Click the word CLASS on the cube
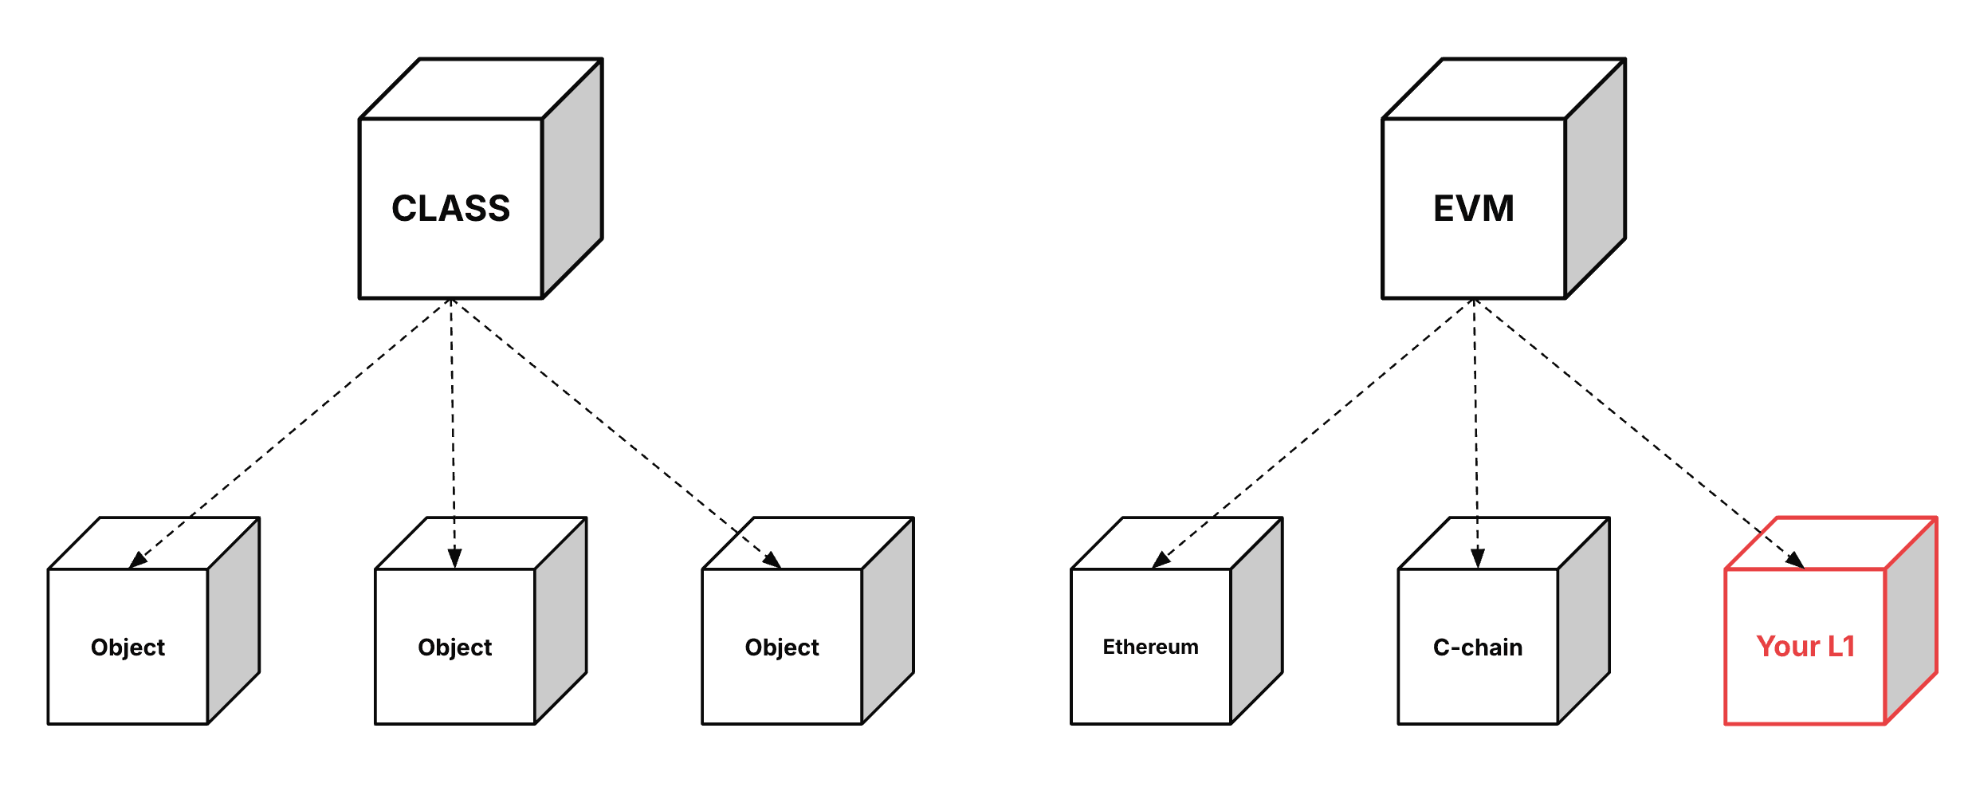coord(450,208)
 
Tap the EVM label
coord(1473,208)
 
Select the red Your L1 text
coord(1805,646)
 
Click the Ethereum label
coord(1150,647)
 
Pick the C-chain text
coord(1477,647)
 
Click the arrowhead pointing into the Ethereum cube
coord(1161,561)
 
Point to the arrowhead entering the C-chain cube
coord(1477,557)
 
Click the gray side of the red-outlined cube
coord(1911,622)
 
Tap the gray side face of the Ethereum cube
coord(1256,622)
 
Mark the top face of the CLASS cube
coord(481,89)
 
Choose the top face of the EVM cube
coord(1503,89)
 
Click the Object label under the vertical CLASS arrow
coord(454,647)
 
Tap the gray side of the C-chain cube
coord(1583,622)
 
